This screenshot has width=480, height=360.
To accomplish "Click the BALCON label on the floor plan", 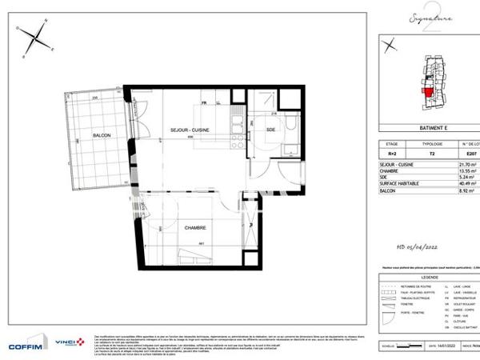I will click(x=101, y=137).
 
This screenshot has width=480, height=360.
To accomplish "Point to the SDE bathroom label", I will click(x=270, y=130).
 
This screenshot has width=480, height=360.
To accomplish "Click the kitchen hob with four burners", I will click(x=238, y=142).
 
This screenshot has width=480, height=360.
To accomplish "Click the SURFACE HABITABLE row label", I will click(x=400, y=186).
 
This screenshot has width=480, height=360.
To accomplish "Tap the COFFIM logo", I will click(x=24, y=345).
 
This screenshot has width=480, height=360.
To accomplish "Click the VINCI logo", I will click(x=68, y=342).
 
